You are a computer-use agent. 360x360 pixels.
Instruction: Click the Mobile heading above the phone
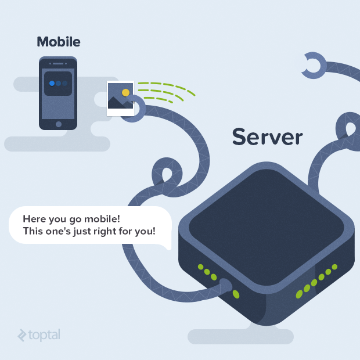59,42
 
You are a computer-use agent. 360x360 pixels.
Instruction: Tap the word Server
267,137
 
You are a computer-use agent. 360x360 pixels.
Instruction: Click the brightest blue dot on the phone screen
52,83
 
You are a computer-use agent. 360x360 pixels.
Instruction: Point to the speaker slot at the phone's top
58,62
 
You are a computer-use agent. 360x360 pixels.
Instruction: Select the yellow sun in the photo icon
125,92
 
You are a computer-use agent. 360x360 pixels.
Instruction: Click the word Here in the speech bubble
34,219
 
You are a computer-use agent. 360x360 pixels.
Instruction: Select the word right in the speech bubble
114,231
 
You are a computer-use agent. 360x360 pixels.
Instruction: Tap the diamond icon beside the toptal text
22,335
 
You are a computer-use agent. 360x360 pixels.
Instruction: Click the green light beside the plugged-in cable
236,294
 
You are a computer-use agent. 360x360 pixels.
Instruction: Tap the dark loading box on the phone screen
58,84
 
